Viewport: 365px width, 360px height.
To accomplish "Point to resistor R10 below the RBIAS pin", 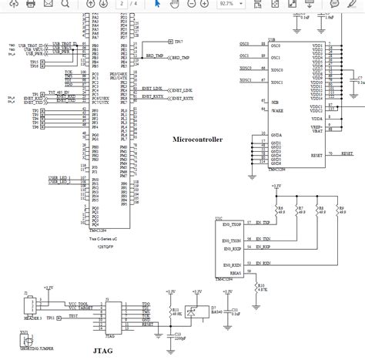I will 260,285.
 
